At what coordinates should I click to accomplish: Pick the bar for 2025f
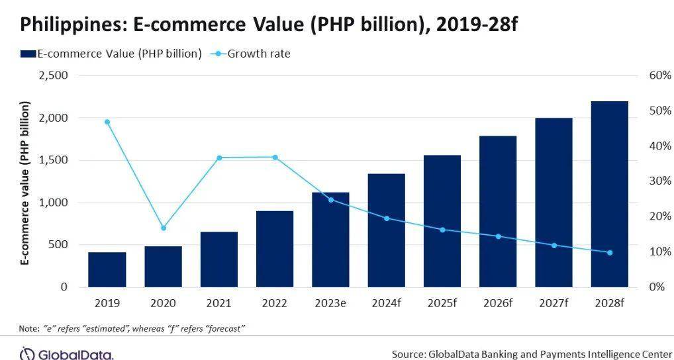coord(442,221)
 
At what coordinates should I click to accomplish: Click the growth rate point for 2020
coord(164,228)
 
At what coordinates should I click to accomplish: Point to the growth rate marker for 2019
coord(107,122)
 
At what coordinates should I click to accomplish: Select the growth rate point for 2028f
coord(609,253)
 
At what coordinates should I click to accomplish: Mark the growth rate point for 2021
coord(218,157)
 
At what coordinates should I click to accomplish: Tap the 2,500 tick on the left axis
coord(54,75)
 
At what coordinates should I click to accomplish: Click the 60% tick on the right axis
coord(660,75)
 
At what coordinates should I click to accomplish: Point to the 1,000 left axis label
coord(54,202)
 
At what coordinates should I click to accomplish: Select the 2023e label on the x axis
coord(330,303)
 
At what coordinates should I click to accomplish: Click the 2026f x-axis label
coord(498,303)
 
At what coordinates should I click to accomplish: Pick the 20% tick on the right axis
coord(660,216)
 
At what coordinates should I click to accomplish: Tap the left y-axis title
coord(26,183)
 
